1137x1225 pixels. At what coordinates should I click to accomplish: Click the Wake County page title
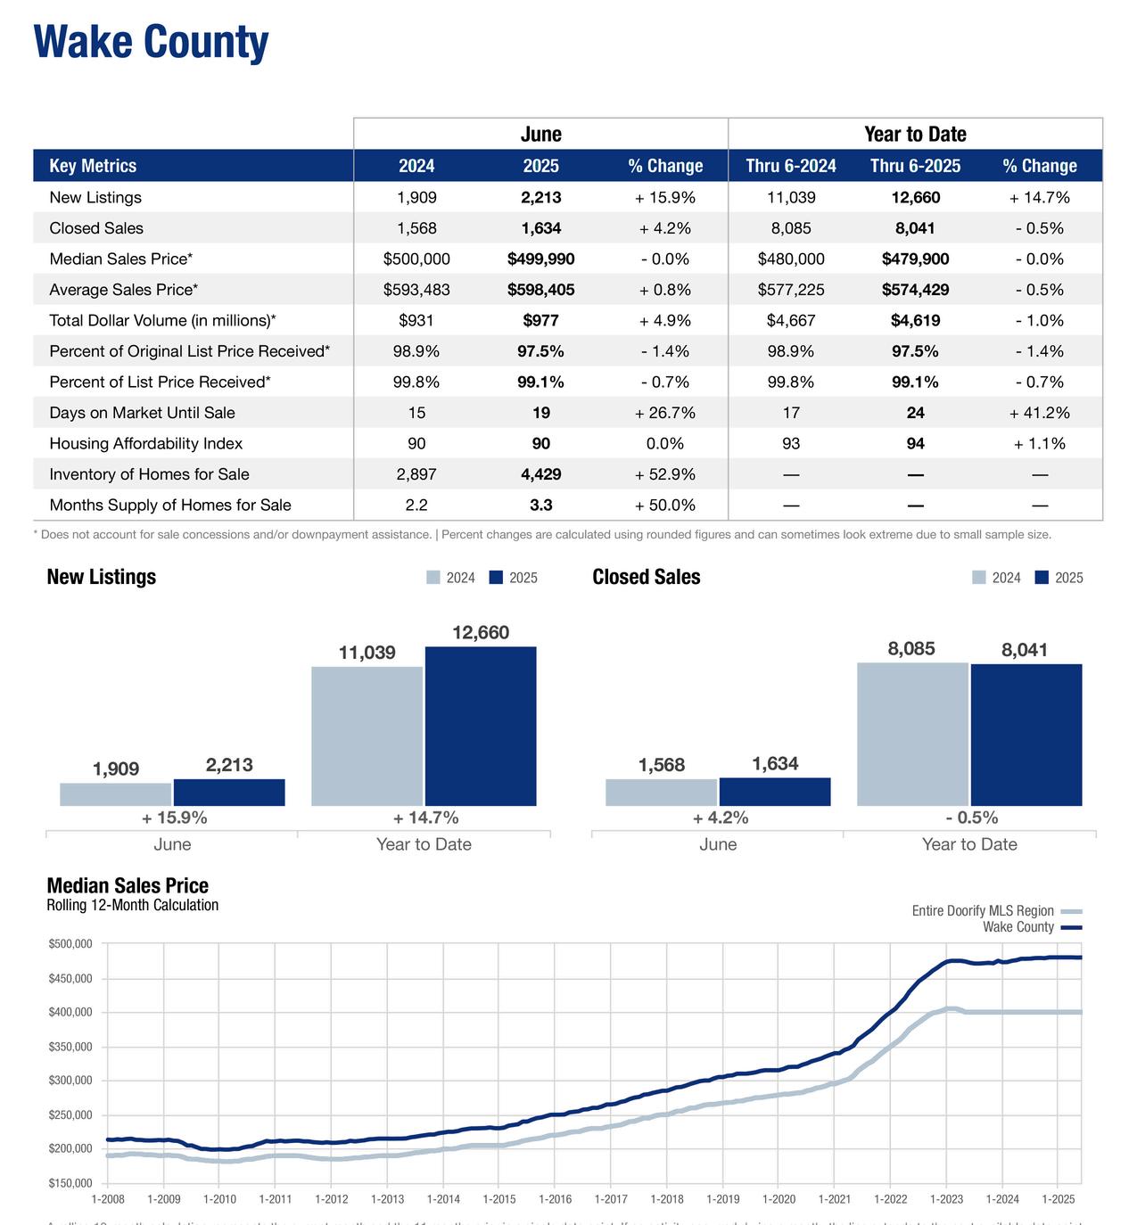pyautogui.click(x=151, y=42)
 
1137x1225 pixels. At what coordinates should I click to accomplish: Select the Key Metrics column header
pyautogui.click(x=93, y=166)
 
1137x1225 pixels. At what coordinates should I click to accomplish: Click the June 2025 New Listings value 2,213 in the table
pyautogui.click(x=540, y=198)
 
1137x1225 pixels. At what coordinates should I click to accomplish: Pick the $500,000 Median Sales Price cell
pyautogui.click(x=416, y=259)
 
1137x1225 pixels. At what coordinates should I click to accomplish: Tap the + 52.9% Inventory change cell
pyautogui.click(x=664, y=474)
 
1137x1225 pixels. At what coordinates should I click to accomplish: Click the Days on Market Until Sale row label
pyautogui.click(x=142, y=413)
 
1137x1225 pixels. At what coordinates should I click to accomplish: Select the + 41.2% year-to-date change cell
pyautogui.click(x=1039, y=413)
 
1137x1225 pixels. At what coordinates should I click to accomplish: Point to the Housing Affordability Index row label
pyautogui.click(x=145, y=444)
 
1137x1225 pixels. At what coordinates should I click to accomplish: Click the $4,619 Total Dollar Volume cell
pyautogui.click(x=915, y=321)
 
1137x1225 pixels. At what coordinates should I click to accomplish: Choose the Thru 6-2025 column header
pyautogui.click(x=915, y=166)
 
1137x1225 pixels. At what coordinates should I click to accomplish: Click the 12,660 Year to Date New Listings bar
pyautogui.click(x=481, y=726)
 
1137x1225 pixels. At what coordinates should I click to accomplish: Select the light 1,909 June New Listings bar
pyautogui.click(x=116, y=794)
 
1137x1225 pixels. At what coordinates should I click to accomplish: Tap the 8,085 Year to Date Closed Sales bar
pyautogui.click(x=912, y=734)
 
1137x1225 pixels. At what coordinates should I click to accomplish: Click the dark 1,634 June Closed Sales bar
pyautogui.click(x=775, y=792)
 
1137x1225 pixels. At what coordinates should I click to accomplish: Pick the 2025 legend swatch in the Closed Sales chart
pyautogui.click(x=1042, y=578)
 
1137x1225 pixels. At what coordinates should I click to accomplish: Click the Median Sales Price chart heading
pyautogui.click(x=128, y=885)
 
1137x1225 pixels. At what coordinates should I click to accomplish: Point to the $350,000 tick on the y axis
pyautogui.click(x=70, y=1047)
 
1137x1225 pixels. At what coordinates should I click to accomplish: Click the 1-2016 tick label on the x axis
pyautogui.click(x=555, y=1199)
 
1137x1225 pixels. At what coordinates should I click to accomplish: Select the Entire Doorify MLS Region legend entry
pyautogui.click(x=983, y=911)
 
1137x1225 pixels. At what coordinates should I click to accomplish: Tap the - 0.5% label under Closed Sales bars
pyautogui.click(x=971, y=818)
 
